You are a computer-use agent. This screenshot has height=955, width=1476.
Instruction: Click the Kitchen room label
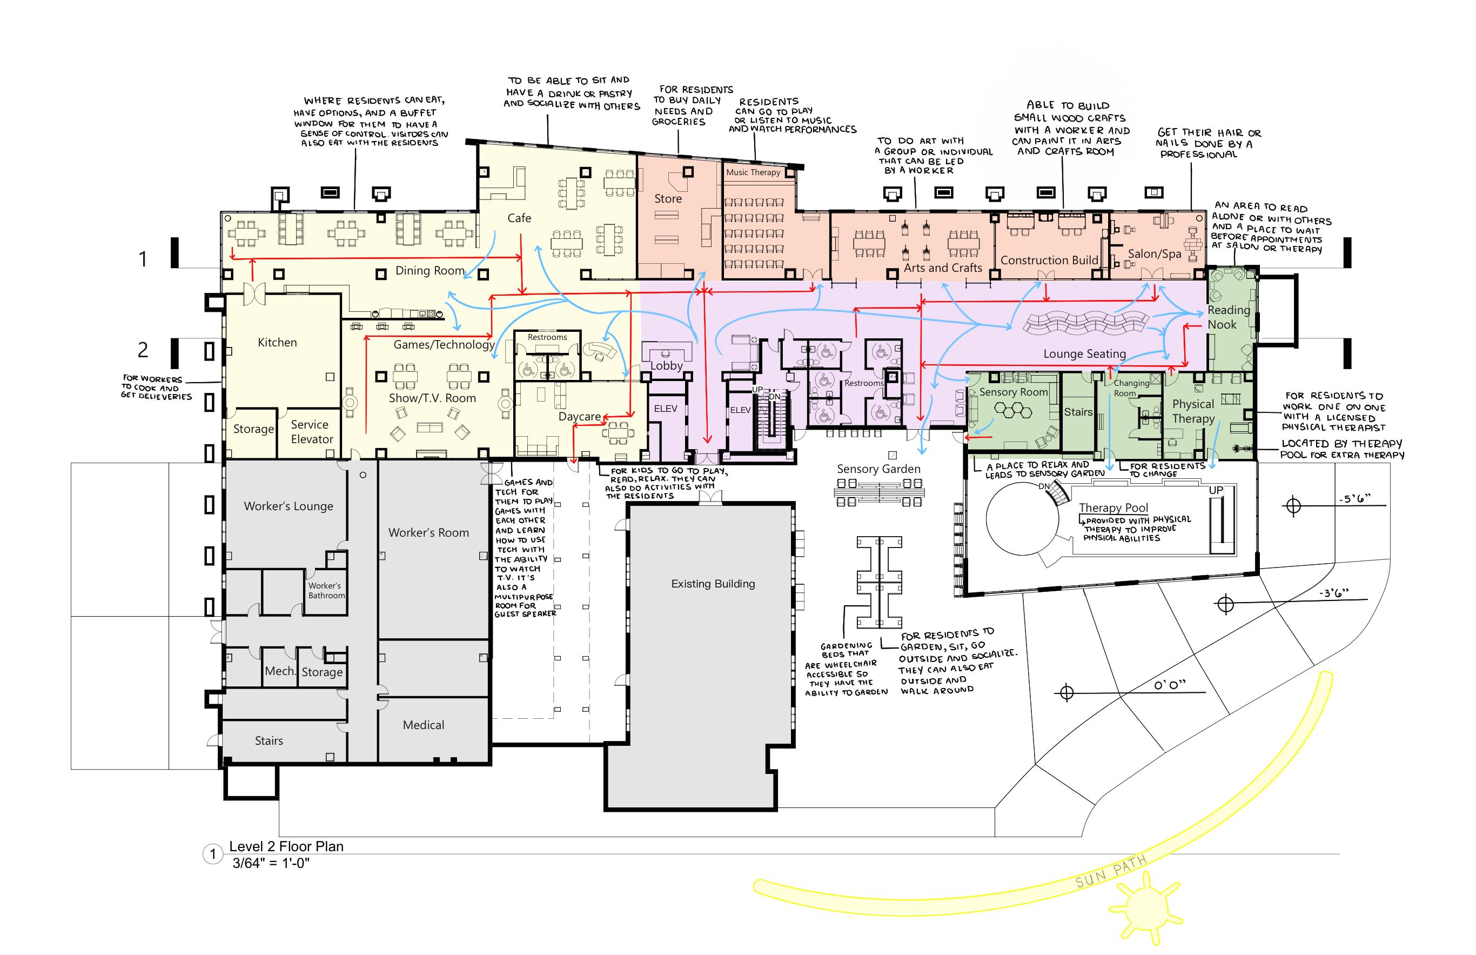(277, 342)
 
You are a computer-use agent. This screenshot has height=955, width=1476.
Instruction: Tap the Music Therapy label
(753, 172)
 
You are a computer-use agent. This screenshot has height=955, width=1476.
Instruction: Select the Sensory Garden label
(878, 469)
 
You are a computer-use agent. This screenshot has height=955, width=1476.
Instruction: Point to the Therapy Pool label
(1113, 508)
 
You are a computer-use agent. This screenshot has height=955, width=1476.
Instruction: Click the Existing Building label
(713, 584)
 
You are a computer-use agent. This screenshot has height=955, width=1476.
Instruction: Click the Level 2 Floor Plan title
(286, 846)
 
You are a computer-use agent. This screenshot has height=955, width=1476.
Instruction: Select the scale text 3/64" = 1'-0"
(271, 863)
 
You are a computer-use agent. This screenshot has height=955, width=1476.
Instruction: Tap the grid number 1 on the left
(143, 258)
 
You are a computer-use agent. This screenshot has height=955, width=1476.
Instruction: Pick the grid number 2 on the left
(143, 350)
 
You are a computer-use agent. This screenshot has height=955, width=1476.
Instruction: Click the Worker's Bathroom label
(327, 590)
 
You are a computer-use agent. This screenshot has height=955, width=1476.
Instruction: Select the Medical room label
(424, 725)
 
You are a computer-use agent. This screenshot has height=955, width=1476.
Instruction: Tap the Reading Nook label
(1228, 317)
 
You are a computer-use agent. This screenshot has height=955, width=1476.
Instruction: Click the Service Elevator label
(312, 432)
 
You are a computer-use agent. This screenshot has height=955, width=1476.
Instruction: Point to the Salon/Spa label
(1154, 253)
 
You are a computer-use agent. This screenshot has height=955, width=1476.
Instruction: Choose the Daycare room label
(580, 416)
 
